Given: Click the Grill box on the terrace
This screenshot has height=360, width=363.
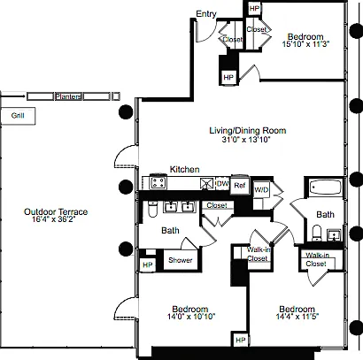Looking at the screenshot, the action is pos(18,116).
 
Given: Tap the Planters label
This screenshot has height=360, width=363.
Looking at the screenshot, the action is pos(68,96).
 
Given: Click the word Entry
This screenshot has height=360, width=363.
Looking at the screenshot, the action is pos(206,13).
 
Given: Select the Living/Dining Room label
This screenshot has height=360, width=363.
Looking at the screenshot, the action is pos(248,130).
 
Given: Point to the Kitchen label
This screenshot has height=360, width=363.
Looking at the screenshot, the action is pos(184,169).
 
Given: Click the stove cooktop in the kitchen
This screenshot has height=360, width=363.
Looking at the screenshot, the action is pos(158,182).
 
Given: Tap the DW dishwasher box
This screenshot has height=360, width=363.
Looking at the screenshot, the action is pos(222,183).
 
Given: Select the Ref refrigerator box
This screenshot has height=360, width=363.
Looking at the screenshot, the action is pos(240,185).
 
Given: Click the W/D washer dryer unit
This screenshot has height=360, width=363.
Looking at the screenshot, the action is pos(261,190).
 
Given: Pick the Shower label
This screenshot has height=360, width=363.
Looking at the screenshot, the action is pos(180,260).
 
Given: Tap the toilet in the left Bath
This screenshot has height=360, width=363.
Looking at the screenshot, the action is pos(152,209).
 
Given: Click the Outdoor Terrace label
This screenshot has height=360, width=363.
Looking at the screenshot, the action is pos(56,211).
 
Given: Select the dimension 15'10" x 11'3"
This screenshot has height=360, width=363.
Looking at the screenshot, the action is pos(305,44).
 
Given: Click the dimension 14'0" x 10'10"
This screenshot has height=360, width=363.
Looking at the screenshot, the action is pos(191,317).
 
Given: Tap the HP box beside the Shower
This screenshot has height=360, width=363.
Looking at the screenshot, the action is pos(147,264).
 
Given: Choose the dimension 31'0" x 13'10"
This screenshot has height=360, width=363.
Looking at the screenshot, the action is pos(246,139).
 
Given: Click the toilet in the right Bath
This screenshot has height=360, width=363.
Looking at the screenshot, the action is pos(317,233).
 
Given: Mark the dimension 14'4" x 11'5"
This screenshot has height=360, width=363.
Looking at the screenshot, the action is pos(297,317).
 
